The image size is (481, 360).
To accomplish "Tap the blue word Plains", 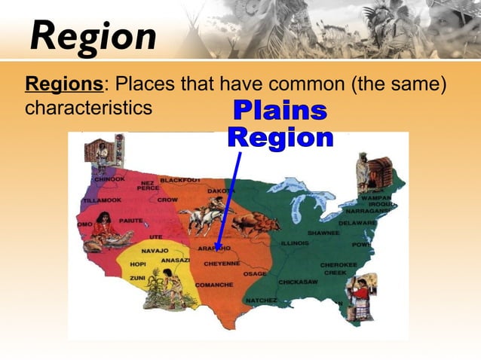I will click(280, 111).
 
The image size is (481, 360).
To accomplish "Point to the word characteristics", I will click(88, 107).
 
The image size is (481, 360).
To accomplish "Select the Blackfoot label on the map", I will click(180, 180).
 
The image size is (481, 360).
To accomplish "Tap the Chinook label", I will click(109, 179).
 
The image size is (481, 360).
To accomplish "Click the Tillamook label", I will click(103, 200).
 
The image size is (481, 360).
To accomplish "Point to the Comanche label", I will click(214, 285).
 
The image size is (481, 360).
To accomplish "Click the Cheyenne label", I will click(222, 264).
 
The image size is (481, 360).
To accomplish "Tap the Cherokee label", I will click(334, 264).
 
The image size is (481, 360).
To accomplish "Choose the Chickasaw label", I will click(299, 282).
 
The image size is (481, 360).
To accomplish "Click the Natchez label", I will click(262, 300).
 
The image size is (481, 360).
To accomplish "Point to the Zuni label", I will click(137, 278).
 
